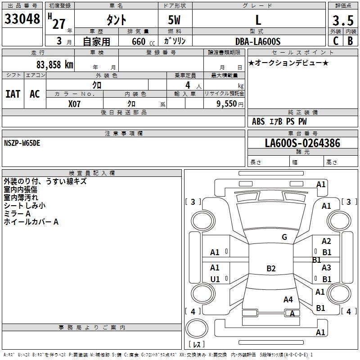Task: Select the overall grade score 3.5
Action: coord(342,21)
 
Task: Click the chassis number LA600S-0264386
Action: coord(302,144)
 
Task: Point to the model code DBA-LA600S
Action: coord(258,41)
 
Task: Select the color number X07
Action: coord(75,103)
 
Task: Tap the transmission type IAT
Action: coord(13,94)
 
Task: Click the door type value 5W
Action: coord(175,20)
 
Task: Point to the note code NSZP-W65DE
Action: coord(22,143)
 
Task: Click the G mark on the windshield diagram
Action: coord(284,237)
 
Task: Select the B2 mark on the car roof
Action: coord(271,269)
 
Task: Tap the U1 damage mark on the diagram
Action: coord(215,279)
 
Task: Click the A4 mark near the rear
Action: coord(288,299)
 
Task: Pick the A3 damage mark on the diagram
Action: coord(326,268)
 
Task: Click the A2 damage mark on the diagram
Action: coord(326,242)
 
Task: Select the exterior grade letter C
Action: coord(335,41)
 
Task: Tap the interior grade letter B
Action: coord(350,41)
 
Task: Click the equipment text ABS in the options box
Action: coord(258,121)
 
